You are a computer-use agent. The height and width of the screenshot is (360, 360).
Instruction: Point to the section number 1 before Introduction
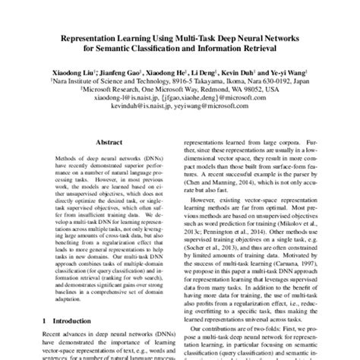[47, 322]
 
